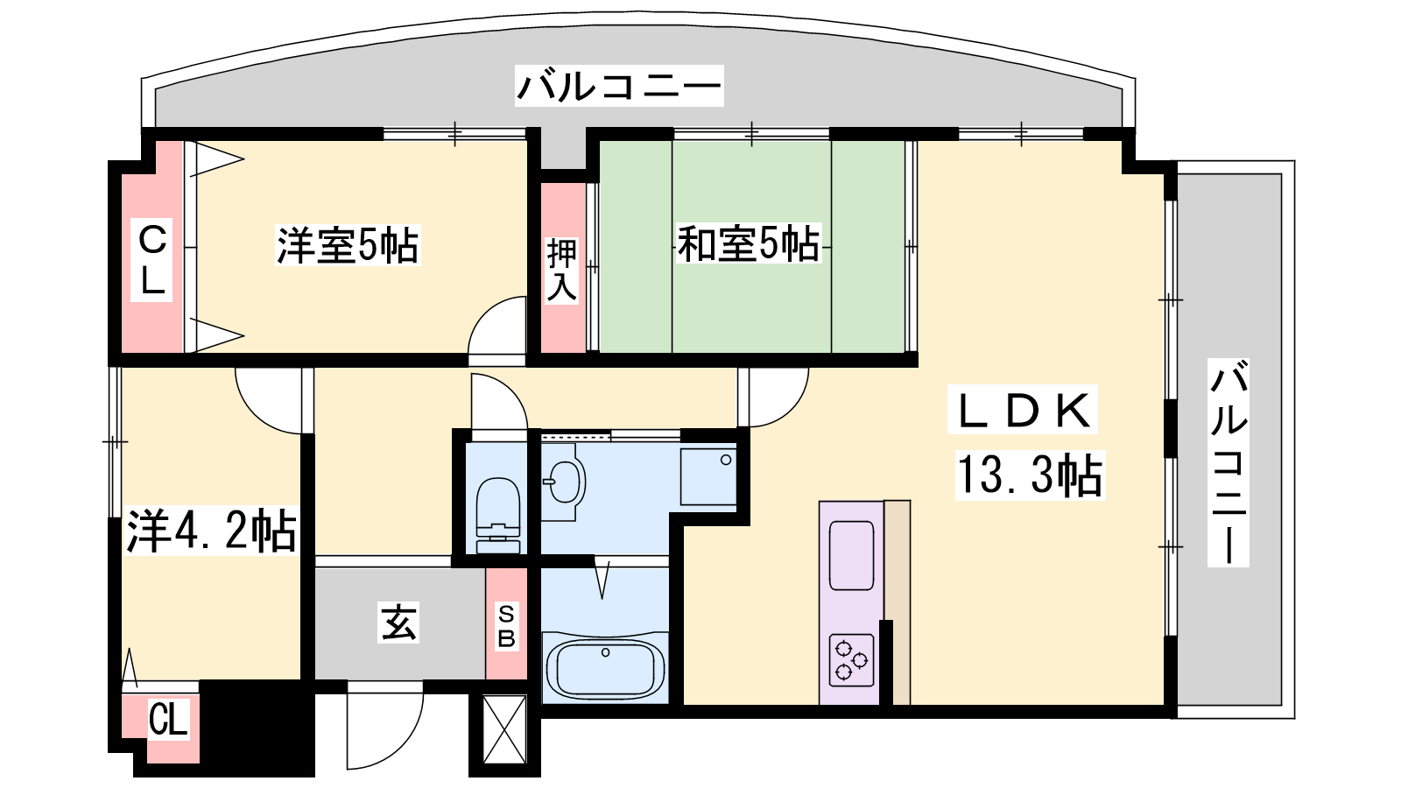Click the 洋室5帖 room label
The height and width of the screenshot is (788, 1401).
(347, 244)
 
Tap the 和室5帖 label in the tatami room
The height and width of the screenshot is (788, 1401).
(748, 243)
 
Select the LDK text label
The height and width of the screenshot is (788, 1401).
(1023, 410)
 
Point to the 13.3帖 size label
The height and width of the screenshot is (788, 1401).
(1030, 475)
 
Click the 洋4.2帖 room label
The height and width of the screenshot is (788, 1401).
(211, 531)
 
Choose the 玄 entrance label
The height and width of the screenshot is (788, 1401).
(398, 623)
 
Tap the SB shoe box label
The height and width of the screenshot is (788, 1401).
(506, 626)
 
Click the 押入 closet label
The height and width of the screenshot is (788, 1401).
(561, 270)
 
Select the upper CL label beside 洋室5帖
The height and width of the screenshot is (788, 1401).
(152, 259)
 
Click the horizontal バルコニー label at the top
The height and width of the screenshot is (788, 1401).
(619, 86)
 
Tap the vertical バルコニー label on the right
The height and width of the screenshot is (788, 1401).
(1229, 463)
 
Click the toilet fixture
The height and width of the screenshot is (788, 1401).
(498, 516)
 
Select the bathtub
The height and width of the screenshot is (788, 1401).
(605, 668)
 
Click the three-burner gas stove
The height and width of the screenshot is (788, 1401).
(851, 660)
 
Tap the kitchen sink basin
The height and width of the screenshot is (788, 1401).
(851, 555)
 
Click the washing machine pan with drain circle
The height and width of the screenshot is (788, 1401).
(708, 476)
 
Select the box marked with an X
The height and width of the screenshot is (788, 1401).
(504, 729)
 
